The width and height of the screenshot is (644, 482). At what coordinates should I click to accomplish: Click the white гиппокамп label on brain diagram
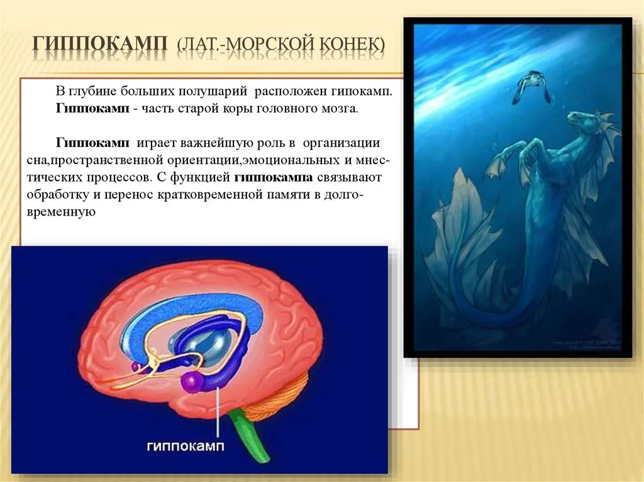pos(186,446)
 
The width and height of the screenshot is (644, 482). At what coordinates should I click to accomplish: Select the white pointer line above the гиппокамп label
pos(218,412)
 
